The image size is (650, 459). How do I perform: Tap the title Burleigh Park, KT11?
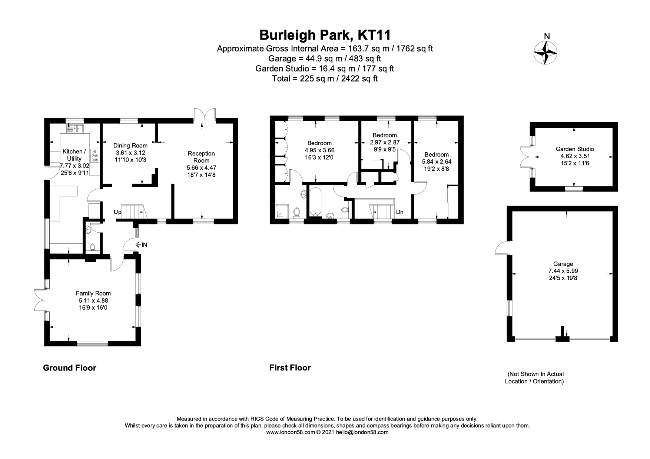pyautogui.click(x=325, y=35)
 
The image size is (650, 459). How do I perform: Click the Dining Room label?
pyautogui.click(x=130, y=146)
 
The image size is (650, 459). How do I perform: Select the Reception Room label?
pyautogui.click(x=201, y=157)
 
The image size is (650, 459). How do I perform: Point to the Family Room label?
pyautogui.click(x=93, y=293)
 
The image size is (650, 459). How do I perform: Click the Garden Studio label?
pyautogui.click(x=574, y=149)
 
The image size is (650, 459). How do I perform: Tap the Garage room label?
pyautogui.click(x=563, y=264)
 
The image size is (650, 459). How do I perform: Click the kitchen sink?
pyautogui.click(x=76, y=129)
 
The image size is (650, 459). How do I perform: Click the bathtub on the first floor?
pyautogui.click(x=315, y=201)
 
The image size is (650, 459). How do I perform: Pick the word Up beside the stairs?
pyautogui.click(x=117, y=212)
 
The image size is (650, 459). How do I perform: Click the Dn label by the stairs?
pyautogui.click(x=399, y=212)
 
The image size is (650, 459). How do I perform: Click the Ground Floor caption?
pyautogui.click(x=70, y=368)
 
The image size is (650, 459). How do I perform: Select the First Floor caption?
pyautogui.click(x=290, y=367)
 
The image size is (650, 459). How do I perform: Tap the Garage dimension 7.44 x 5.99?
pyautogui.click(x=563, y=271)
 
